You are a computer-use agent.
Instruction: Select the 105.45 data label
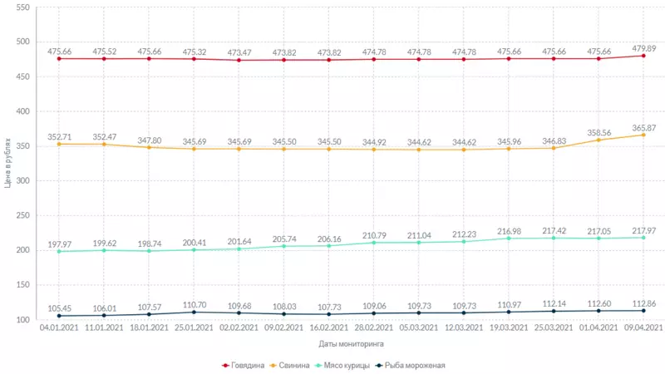59,308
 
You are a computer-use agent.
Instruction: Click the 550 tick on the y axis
22,7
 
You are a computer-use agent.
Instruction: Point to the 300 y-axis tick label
22,181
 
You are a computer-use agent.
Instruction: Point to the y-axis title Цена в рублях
7,164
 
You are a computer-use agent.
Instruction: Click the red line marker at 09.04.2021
643,56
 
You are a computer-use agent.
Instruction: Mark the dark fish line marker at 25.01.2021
194,312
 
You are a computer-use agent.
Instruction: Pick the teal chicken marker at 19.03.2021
508,239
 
